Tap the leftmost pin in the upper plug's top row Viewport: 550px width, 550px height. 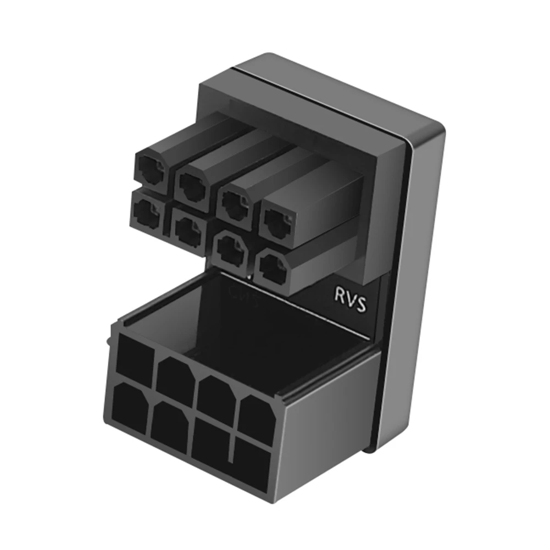pos(150,168)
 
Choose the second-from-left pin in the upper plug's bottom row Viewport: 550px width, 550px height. pos(187,227)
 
